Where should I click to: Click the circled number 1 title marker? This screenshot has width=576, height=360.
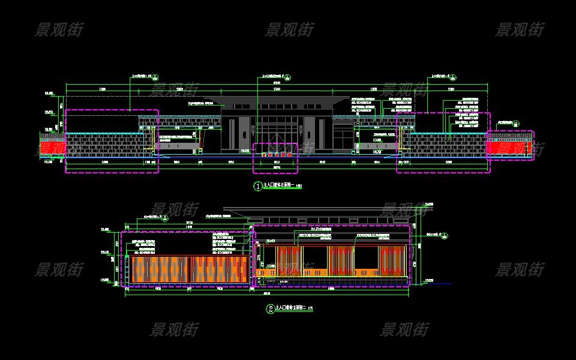tap(259, 187)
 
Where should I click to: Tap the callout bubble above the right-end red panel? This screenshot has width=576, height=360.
tap(515, 122)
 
